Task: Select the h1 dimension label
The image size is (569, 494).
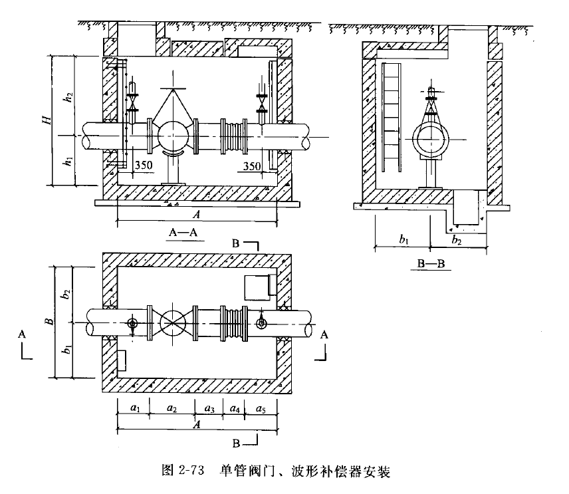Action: point(66,160)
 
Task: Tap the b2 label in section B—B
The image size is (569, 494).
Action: point(455,239)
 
